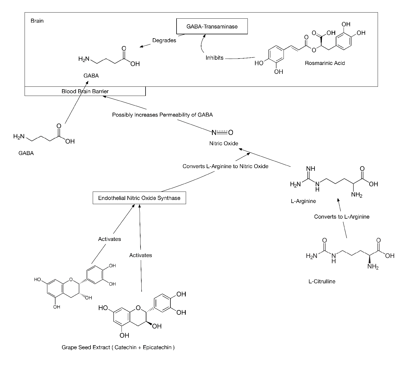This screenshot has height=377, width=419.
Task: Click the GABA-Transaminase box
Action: [x=212, y=26]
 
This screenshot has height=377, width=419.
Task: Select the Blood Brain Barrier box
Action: [x=85, y=91]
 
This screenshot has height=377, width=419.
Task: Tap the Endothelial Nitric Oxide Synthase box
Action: [x=139, y=198]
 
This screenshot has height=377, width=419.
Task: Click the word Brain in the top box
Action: [x=37, y=21]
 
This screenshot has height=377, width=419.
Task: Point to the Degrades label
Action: [x=164, y=40]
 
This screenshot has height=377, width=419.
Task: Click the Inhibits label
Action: [x=215, y=58]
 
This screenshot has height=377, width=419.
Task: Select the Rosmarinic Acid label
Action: [x=325, y=63]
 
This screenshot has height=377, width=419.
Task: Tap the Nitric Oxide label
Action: [x=224, y=143]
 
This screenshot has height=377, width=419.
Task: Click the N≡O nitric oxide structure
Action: [x=222, y=132]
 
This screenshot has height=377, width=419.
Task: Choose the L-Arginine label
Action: [x=303, y=201]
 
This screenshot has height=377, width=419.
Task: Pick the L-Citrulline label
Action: [x=322, y=281]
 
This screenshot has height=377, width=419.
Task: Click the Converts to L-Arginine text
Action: [x=342, y=217]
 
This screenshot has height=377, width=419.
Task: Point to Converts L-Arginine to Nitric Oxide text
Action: [x=225, y=166]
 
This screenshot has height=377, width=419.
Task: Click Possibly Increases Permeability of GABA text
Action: [x=162, y=115]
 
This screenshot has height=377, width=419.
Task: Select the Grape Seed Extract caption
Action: [x=118, y=347]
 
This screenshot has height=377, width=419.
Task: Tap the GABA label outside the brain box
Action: [x=26, y=153]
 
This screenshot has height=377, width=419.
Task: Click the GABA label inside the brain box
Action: [x=91, y=76]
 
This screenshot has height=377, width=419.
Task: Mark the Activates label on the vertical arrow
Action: [x=141, y=255]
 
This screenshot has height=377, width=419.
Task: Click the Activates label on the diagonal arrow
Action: [x=109, y=239]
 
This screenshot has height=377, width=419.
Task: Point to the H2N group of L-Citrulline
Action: [x=312, y=256]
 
